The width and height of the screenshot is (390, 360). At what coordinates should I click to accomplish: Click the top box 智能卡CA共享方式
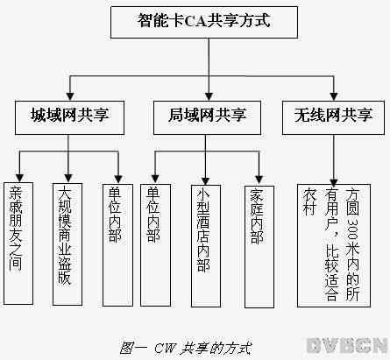tap(204, 23)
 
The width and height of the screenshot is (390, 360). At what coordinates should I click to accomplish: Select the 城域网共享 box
tap(69, 117)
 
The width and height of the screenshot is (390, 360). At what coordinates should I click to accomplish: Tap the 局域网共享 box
tap(207, 117)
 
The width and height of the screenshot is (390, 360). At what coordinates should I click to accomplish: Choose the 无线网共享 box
tap(333, 117)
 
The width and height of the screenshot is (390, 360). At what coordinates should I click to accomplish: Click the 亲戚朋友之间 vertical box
tap(18, 244)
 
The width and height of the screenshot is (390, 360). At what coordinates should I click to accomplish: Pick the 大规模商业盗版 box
tap(67, 244)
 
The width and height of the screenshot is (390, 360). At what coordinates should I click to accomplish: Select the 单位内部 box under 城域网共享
tap(117, 245)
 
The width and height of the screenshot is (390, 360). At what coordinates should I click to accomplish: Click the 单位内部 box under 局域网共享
tap(155, 245)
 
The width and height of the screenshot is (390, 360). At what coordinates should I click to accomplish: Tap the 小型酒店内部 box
tap(206, 246)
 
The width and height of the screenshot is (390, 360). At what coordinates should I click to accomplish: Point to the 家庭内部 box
tap(259, 247)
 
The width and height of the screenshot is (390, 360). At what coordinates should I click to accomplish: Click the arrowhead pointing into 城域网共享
tap(70, 96)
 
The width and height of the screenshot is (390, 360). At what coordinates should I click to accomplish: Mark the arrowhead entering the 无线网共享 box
tap(334, 96)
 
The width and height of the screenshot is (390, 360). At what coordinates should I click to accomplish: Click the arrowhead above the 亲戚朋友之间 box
tap(19, 178)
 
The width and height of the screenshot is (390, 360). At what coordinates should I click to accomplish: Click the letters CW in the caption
tap(165, 348)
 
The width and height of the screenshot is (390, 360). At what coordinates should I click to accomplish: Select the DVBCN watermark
tap(347, 346)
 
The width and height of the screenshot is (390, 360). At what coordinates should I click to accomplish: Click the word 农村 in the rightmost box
tap(309, 201)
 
